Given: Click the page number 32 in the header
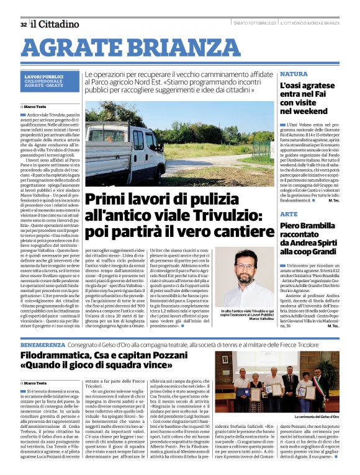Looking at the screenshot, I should click(23, 24).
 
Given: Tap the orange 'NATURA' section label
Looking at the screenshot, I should click(294, 74).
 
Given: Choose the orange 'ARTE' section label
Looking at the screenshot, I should click(289, 213).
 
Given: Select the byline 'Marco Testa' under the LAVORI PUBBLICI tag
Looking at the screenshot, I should click(38, 107).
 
